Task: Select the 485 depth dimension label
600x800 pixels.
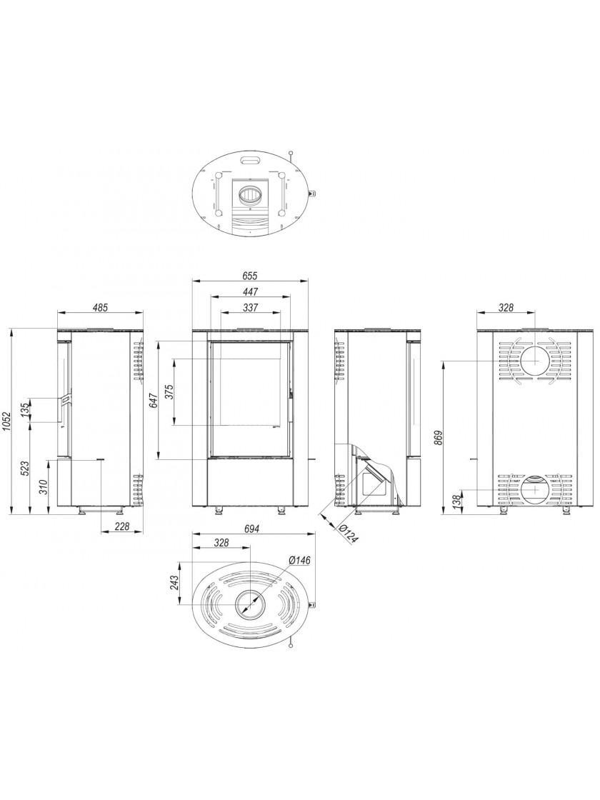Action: (x=101, y=308)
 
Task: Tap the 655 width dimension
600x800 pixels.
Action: (x=251, y=276)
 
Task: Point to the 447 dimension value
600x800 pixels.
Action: (x=251, y=291)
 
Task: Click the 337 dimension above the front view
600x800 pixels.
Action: (x=251, y=307)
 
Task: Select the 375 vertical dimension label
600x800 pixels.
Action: (x=171, y=391)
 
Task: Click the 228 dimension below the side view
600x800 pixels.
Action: (x=121, y=526)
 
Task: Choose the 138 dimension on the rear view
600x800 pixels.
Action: (x=457, y=501)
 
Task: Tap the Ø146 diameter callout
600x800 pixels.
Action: (x=299, y=560)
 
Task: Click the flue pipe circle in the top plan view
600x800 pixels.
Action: (x=250, y=194)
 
